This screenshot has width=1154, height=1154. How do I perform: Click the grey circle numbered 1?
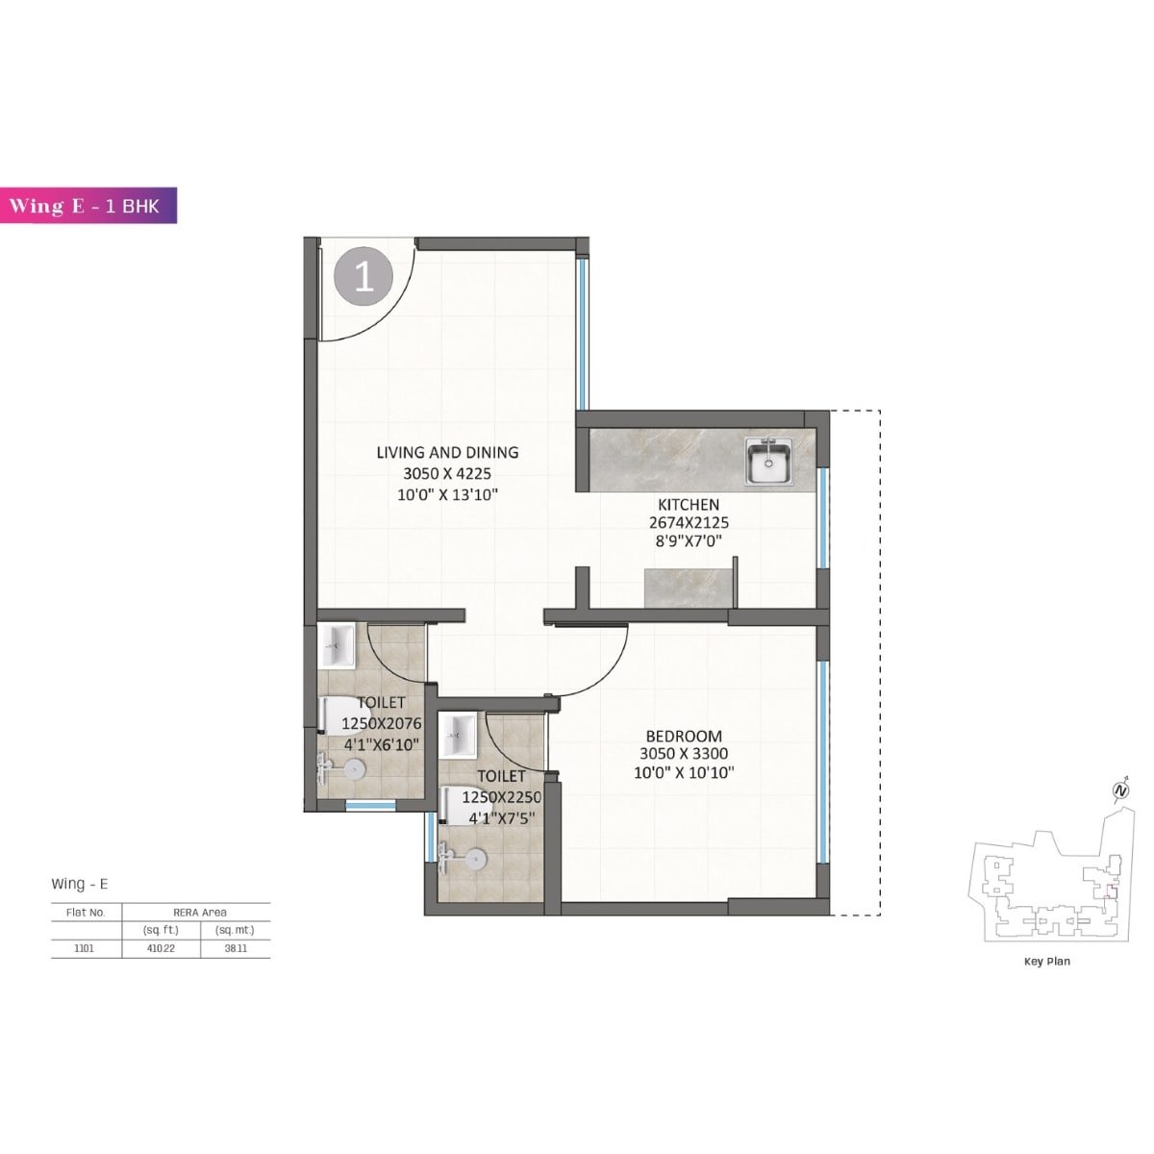(x=364, y=278)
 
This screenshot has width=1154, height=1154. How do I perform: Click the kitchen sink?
(x=769, y=462)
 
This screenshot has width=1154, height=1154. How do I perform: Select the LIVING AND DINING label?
(x=447, y=452)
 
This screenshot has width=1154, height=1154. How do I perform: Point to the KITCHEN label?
(x=688, y=505)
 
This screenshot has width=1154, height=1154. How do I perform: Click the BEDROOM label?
(x=684, y=737)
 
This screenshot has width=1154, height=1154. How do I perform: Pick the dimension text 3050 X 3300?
(x=684, y=755)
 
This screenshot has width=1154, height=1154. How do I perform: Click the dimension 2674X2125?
(x=688, y=523)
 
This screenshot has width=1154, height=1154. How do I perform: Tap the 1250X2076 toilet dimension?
(x=382, y=724)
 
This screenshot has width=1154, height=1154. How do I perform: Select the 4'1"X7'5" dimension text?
(x=501, y=818)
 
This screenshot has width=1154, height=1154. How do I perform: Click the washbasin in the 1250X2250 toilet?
(x=458, y=735)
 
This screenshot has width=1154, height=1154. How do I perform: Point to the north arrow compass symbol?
(x=1120, y=790)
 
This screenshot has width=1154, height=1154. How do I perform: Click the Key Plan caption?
(x=1046, y=961)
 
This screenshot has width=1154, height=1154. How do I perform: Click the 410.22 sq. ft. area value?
(x=162, y=948)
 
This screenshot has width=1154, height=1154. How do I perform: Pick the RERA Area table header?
(x=199, y=912)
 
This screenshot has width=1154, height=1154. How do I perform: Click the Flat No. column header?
(x=86, y=912)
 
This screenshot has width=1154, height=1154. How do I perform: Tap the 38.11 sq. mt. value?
(x=235, y=948)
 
